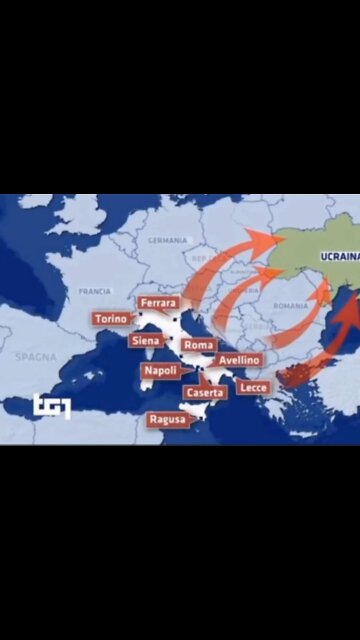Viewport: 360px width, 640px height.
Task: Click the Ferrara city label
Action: click(159, 302)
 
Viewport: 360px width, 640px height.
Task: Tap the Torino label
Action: click(111, 319)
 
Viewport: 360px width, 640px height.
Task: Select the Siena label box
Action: click(145, 341)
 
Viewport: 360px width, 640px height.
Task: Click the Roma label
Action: click(199, 345)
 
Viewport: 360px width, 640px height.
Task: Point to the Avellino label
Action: click(239, 360)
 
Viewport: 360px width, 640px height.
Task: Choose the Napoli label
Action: click(160, 370)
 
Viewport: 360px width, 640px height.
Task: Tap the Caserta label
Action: click(204, 393)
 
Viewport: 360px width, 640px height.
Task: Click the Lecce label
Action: click(254, 387)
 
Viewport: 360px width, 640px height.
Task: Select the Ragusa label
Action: click(166, 420)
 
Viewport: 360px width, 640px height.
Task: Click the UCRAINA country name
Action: click(338, 257)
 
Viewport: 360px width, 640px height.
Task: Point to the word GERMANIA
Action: click(167, 241)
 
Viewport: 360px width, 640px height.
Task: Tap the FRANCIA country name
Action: click(94, 291)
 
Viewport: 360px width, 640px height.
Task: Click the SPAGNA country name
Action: click(35, 356)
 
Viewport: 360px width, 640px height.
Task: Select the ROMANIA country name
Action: click(291, 305)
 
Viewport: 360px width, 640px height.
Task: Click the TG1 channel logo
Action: click(51, 406)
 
